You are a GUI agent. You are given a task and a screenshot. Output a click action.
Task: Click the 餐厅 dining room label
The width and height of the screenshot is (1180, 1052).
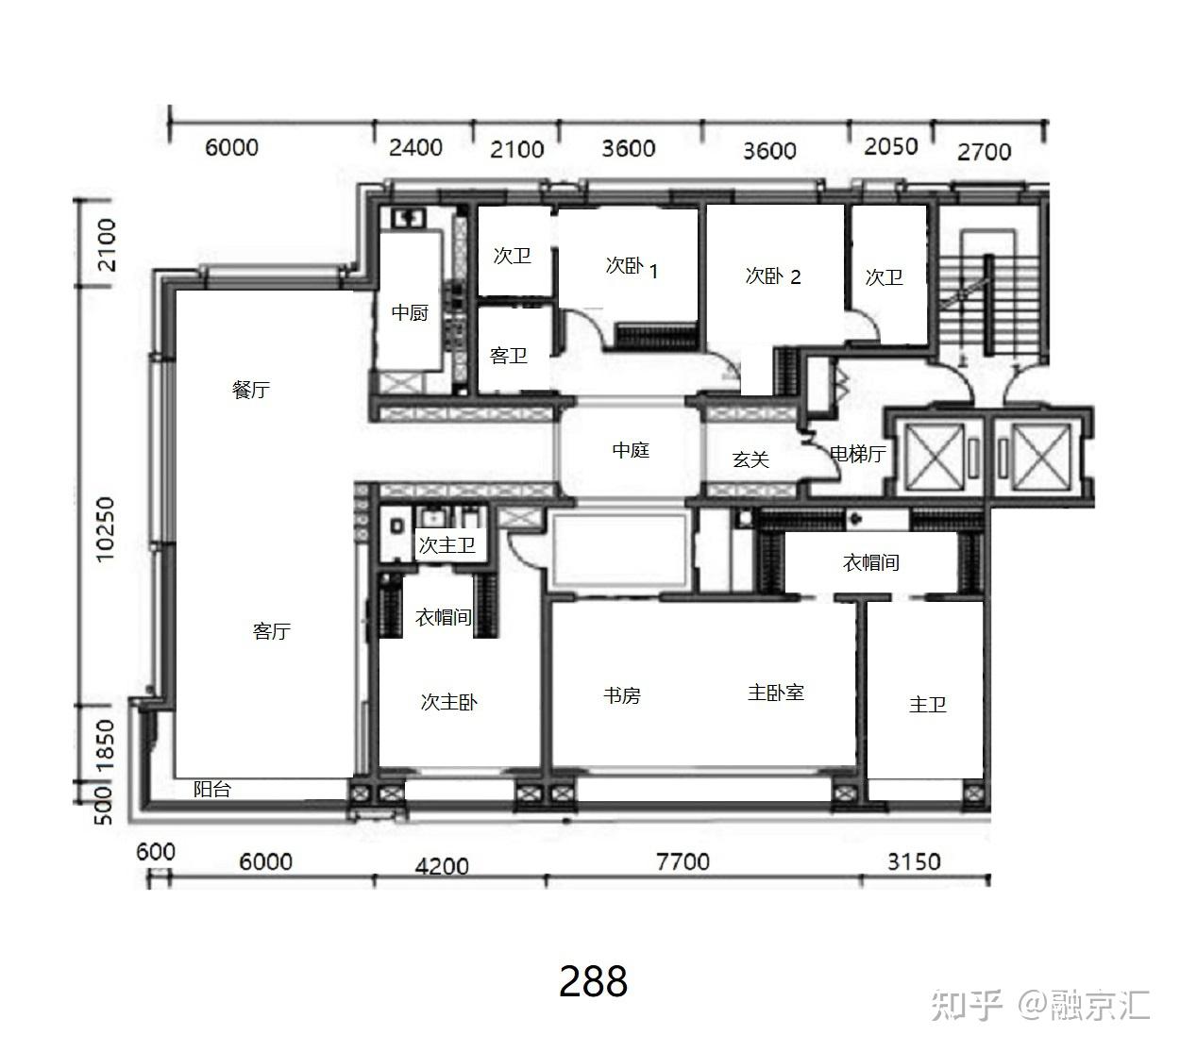coord(251,390)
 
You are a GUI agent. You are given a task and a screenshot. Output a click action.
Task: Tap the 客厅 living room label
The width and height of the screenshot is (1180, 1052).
coord(271,631)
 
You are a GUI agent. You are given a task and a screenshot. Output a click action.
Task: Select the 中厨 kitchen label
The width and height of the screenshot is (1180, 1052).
coord(410,312)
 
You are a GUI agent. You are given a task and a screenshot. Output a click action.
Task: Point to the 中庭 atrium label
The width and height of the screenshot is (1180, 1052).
coord(631,451)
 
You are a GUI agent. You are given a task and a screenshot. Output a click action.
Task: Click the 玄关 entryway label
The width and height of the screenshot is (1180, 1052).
coord(750,459)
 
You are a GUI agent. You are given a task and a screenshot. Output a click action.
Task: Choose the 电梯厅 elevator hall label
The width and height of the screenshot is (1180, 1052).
coord(857,454)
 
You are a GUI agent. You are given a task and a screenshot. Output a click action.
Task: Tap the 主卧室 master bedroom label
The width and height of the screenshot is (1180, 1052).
coord(776,693)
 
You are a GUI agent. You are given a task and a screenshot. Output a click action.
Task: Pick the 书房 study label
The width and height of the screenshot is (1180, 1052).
coord(622,696)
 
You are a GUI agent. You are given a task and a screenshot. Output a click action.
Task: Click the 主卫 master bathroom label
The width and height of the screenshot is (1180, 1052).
coord(927,705)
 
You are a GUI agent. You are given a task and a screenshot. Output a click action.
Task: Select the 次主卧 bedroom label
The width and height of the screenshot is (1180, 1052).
coord(448,703)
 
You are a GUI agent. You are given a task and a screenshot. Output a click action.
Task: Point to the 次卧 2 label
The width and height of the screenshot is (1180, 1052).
coord(773,276)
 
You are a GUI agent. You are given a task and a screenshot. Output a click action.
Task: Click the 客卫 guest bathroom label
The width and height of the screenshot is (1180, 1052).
coord(509,356)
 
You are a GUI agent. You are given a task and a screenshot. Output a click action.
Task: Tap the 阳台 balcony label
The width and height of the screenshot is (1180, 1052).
coord(212,790)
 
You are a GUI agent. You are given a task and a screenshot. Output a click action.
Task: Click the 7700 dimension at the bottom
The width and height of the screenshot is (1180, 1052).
coord(683,861)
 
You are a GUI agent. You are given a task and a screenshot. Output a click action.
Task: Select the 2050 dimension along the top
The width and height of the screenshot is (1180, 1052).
coord(890,146)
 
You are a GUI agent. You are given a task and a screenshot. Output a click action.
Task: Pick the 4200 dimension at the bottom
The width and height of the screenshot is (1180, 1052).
coord(442,865)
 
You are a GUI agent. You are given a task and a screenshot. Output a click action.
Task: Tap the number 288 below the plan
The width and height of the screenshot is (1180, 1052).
coord(593,982)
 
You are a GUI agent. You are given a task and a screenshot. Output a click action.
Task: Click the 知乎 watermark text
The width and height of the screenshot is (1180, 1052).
coord(966,1005)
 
